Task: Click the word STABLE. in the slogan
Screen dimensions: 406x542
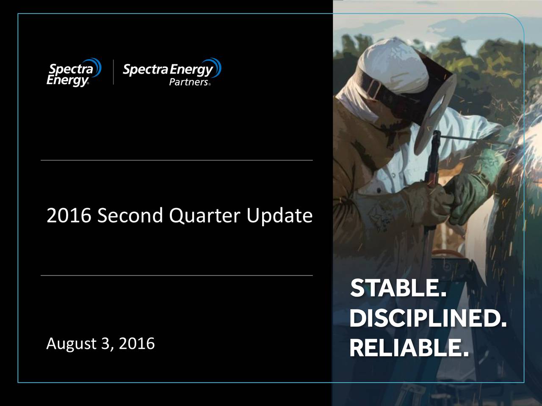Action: pos(398,289)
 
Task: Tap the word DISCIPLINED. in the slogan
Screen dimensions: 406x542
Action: pos(428,319)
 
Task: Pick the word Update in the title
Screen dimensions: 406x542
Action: pos(279,216)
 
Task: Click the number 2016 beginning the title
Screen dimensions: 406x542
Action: pos(69,216)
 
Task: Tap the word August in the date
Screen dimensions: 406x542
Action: pos(71,344)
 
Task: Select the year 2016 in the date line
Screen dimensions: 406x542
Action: pos(136,343)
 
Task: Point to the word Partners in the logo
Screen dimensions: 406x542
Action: pos(188,82)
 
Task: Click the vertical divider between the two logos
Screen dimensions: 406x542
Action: pos(113,72)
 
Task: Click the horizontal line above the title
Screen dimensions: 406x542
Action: pos(177,160)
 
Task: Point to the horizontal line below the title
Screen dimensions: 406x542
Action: pos(177,275)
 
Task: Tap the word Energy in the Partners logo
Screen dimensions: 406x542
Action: pos(193,69)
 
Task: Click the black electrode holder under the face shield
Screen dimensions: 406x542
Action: pos(433,169)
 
